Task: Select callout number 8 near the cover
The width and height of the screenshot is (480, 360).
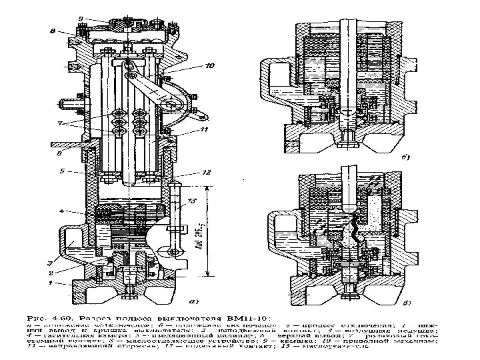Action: [53, 31]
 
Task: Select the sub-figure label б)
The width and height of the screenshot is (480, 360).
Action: [405, 159]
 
